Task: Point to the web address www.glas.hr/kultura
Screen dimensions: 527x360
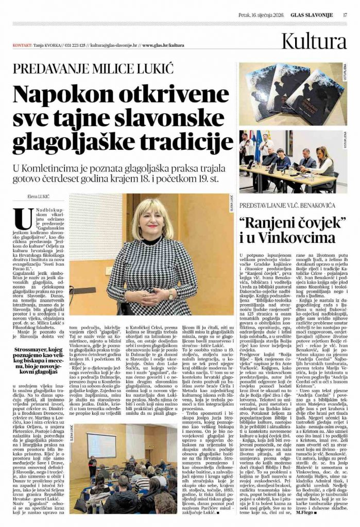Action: [163, 45]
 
